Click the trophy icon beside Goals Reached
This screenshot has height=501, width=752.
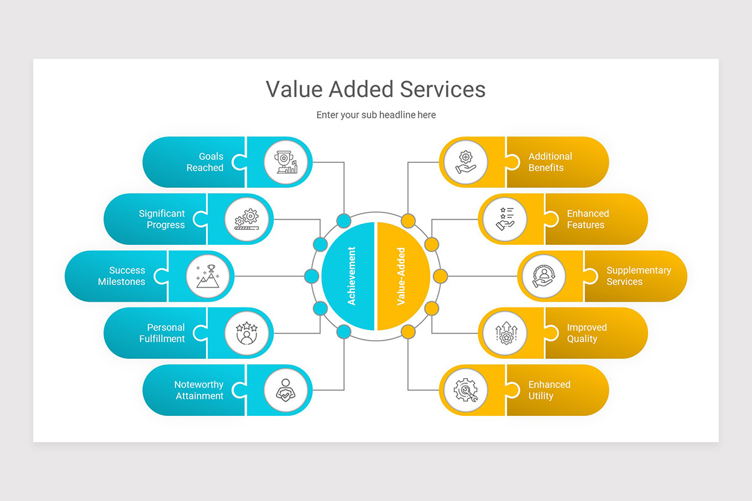(286, 162)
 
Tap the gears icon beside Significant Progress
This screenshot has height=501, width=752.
(247, 219)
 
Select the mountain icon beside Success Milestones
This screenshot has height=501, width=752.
(208, 276)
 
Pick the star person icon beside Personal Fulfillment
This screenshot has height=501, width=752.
(247, 333)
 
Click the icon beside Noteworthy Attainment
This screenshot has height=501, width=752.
(286, 390)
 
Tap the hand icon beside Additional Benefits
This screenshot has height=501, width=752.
(466, 162)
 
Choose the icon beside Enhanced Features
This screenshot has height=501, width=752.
(504, 219)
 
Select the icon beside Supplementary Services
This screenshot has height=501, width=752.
(543, 276)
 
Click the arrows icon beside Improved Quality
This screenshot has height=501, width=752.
(504, 333)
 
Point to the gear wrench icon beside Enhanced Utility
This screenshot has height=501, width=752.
(466, 390)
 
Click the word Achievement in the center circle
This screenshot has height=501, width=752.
(352, 276)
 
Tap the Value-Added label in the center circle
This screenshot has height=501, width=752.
(401, 276)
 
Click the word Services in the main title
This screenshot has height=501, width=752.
(442, 89)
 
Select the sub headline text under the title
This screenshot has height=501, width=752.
(376, 115)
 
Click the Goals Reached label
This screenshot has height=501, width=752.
(205, 162)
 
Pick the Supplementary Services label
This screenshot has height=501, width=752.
(638, 276)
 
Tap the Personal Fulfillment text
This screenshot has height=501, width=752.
(162, 333)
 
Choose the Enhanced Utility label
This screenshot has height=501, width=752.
(549, 390)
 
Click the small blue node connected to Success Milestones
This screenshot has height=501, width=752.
(311, 276)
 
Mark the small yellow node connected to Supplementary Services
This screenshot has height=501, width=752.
(441, 276)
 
